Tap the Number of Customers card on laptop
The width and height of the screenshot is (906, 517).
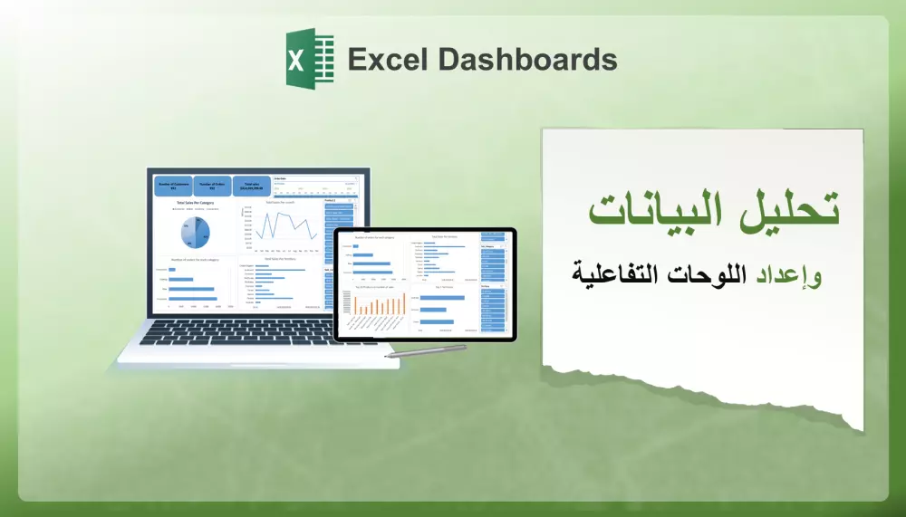172,186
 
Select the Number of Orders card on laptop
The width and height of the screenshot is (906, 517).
212,186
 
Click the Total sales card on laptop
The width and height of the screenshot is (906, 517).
251,186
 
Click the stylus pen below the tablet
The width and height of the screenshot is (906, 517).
425,351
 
